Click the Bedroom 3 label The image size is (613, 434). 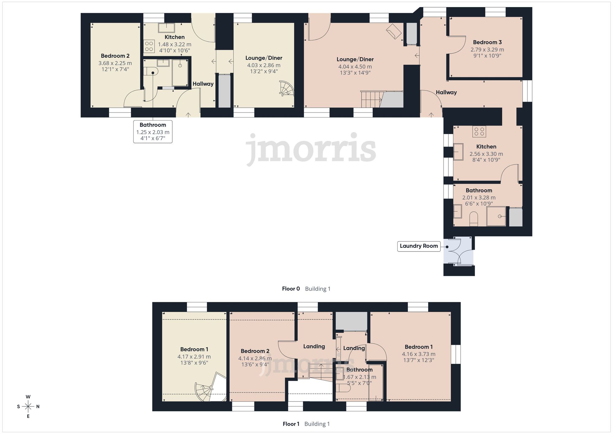(487, 42)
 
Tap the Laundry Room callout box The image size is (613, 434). (419, 246)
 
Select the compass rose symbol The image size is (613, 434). (28, 407)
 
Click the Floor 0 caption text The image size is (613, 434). (291, 289)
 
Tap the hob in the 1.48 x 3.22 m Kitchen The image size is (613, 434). (149, 47)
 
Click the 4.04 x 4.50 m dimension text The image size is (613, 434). (355, 67)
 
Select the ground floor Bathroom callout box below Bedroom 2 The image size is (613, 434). (153, 132)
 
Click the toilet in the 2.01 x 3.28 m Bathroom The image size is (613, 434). (474, 219)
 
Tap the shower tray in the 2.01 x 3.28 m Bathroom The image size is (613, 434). (496, 216)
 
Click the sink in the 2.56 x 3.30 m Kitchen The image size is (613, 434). (458, 152)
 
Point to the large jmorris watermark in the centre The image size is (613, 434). (311, 149)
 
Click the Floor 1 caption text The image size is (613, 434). (291, 424)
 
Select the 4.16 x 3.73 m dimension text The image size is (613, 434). (419, 354)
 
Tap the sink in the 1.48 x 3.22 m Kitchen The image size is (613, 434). (166, 28)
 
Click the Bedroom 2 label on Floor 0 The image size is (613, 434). (115, 56)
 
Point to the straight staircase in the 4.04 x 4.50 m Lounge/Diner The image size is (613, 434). (371, 99)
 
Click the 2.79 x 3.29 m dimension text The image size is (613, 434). (487, 49)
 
